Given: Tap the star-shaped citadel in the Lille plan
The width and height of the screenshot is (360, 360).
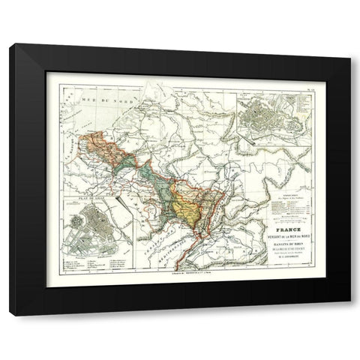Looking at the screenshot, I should click(77, 223).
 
